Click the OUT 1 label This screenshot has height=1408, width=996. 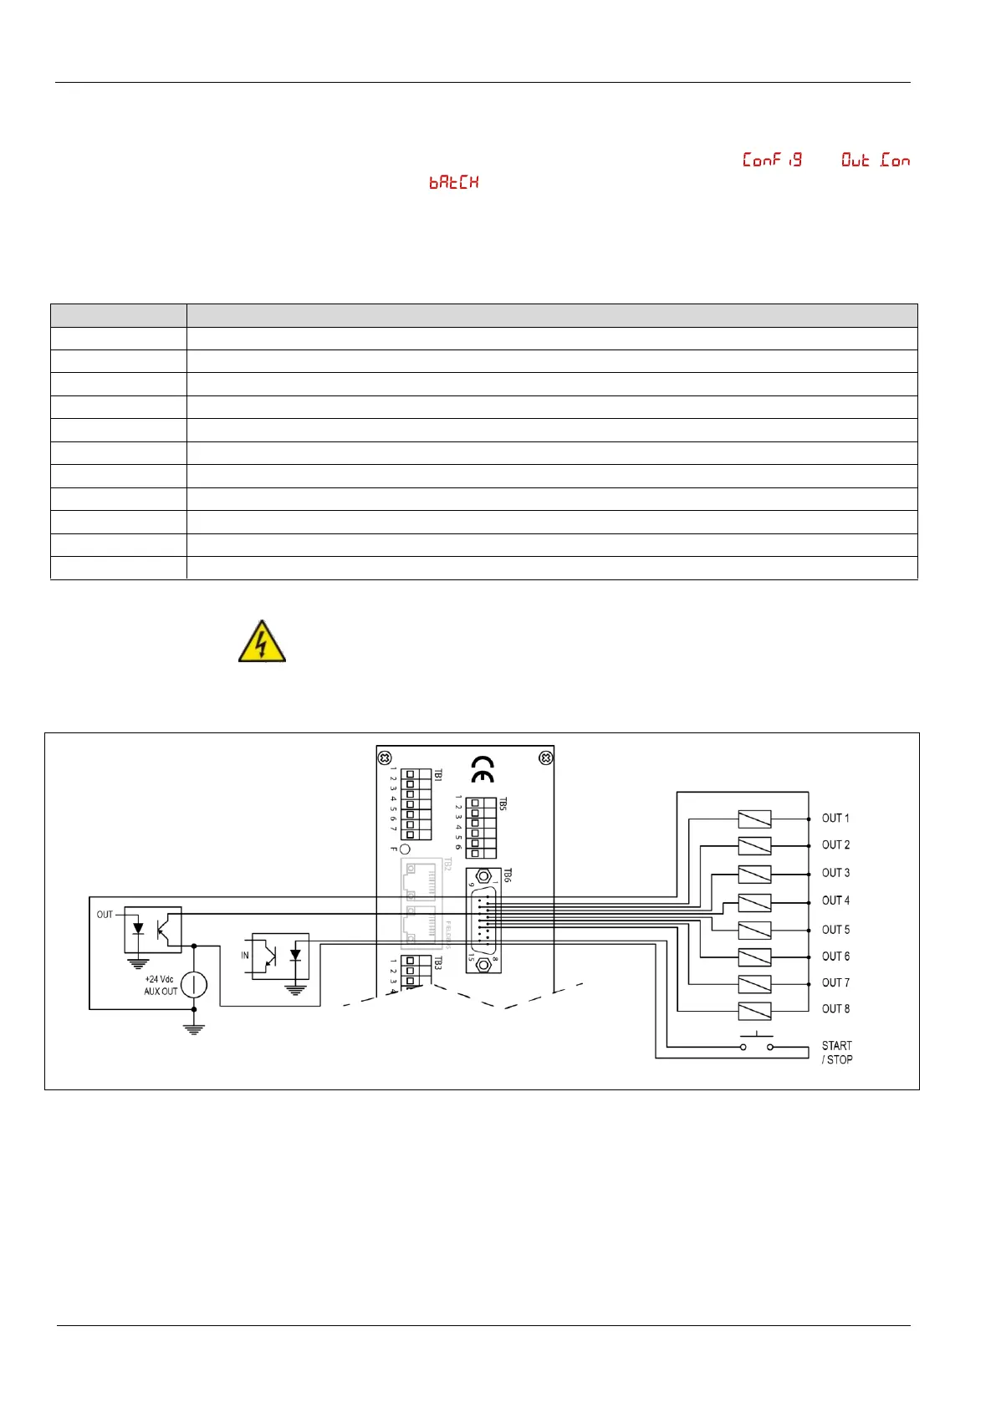click(x=835, y=818)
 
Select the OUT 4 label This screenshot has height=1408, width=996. click(x=835, y=900)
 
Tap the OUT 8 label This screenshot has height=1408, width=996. click(x=835, y=1008)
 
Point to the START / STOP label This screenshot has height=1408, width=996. click(x=836, y=1052)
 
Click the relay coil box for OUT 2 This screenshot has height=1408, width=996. click(x=754, y=846)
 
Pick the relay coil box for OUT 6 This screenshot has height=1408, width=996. click(x=754, y=957)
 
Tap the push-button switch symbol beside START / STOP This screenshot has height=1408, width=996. click(x=756, y=1043)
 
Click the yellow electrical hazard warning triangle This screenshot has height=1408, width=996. click(x=262, y=642)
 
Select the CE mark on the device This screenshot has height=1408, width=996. click(x=483, y=768)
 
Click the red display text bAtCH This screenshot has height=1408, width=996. click(x=454, y=182)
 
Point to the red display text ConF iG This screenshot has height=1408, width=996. click(x=772, y=160)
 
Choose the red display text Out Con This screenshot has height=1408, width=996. click(x=875, y=160)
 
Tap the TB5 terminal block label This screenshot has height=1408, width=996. click(x=503, y=803)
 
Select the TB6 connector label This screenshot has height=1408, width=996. click(x=507, y=875)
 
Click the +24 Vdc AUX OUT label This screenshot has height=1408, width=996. click(x=161, y=985)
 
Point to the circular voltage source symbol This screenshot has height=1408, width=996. click(x=194, y=985)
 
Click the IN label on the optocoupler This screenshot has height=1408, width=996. click(x=245, y=955)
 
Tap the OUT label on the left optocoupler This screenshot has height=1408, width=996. click(x=105, y=914)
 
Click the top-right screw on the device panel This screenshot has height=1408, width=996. click(x=545, y=758)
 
